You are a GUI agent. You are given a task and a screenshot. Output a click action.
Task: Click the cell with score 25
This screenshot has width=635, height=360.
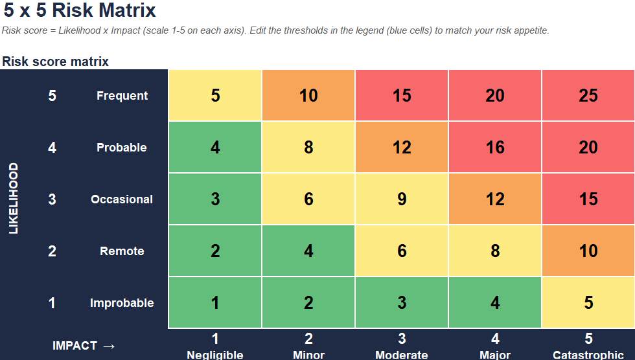[x=588, y=95]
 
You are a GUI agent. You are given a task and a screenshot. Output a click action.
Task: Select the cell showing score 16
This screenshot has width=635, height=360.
[x=495, y=147]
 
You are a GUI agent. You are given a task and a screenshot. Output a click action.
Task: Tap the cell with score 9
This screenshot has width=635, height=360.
[x=402, y=199]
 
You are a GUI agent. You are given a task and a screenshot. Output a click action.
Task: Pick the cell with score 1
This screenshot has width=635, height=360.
[x=215, y=302]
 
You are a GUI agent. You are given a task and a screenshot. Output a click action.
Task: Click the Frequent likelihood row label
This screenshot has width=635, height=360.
[x=122, y=96]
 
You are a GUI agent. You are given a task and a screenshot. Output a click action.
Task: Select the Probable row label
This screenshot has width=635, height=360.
[x=122, y=147]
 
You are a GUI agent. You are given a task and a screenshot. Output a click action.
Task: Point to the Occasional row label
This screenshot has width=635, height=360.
[x=122, y=199]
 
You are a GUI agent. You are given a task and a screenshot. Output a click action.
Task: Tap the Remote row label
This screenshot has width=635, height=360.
[x=122, y=251]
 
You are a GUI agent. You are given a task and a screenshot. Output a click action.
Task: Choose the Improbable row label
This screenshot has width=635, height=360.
[x=122, y=302]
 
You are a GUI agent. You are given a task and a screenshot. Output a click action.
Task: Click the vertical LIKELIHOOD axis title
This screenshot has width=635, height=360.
[x=14, y=198]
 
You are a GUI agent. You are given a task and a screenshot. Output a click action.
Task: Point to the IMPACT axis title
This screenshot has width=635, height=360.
[x=84, y=346]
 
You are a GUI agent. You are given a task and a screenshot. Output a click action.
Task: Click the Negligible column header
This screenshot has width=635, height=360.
[x=215, y=354]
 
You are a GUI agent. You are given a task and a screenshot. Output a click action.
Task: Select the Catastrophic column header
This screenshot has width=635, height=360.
[x=588, y=354]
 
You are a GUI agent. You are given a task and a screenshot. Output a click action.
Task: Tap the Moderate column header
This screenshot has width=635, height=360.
[x=402, y=354]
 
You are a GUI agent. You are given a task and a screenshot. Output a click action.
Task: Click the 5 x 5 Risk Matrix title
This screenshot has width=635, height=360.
[x=79, y=10]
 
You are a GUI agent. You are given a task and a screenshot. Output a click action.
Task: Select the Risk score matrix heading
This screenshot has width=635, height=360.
[x=56, y=62]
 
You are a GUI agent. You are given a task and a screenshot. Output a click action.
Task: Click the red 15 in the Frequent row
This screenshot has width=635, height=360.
[x=402, y=95]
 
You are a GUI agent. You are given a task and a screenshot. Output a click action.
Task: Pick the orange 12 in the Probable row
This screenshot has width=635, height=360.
[x=402, y=147]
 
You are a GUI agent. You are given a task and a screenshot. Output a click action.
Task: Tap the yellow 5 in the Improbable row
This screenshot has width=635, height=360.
[x=588, y=302]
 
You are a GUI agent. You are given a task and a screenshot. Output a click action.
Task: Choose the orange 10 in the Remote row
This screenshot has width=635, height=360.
[x=588, y=251]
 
